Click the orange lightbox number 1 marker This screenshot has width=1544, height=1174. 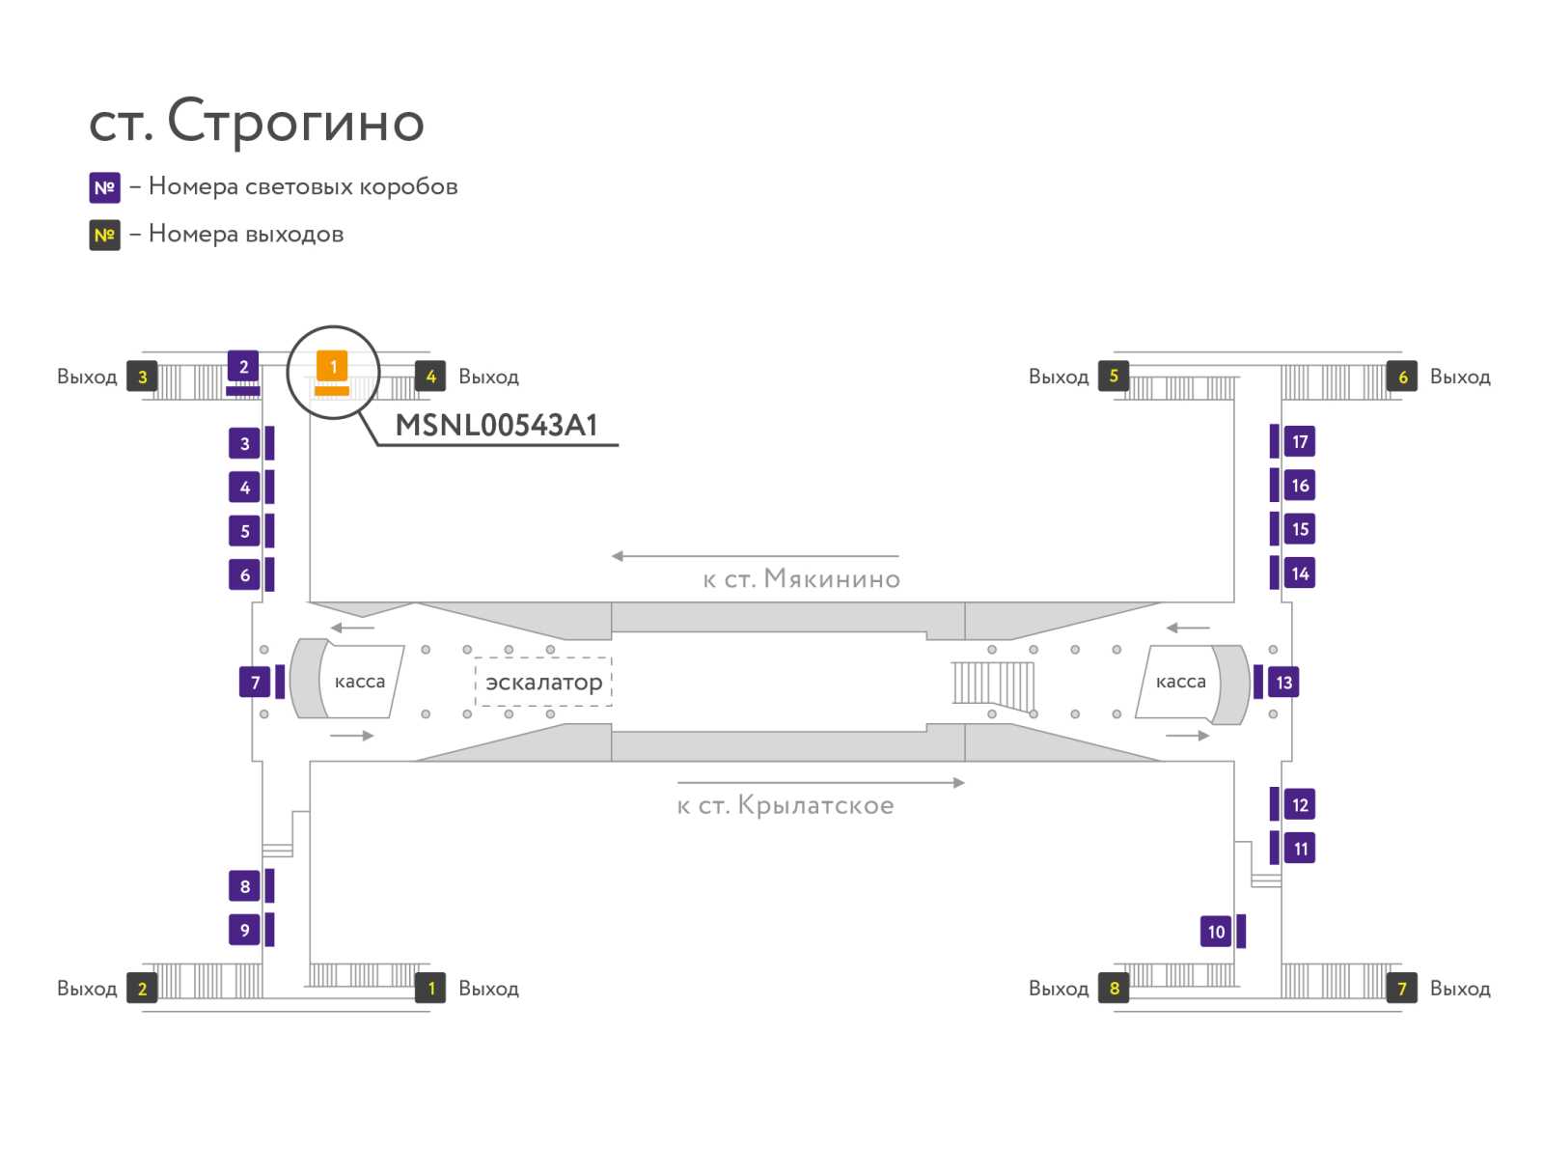333,367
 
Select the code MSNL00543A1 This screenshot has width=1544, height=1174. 497,426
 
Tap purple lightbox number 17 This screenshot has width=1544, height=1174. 1299,442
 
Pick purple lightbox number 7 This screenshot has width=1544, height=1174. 255,683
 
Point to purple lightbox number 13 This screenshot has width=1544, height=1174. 1283,683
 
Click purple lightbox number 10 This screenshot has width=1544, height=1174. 1216,932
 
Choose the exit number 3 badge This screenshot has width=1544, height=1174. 143,377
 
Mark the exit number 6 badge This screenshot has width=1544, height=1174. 1402,377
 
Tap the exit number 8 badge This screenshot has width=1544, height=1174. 1114,988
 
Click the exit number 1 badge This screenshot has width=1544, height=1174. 431,988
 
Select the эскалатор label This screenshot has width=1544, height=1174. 543,683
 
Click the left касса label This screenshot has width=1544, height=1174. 359,682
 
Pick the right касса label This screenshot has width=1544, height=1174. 1180,682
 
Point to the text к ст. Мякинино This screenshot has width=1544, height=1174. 801,579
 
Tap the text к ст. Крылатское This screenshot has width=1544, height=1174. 786,805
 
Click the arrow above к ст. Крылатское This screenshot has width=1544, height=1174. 820,783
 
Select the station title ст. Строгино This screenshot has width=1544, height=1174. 257,122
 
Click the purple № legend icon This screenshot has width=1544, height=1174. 104,187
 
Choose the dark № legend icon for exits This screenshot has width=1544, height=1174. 104,235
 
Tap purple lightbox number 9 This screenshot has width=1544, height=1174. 244,930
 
